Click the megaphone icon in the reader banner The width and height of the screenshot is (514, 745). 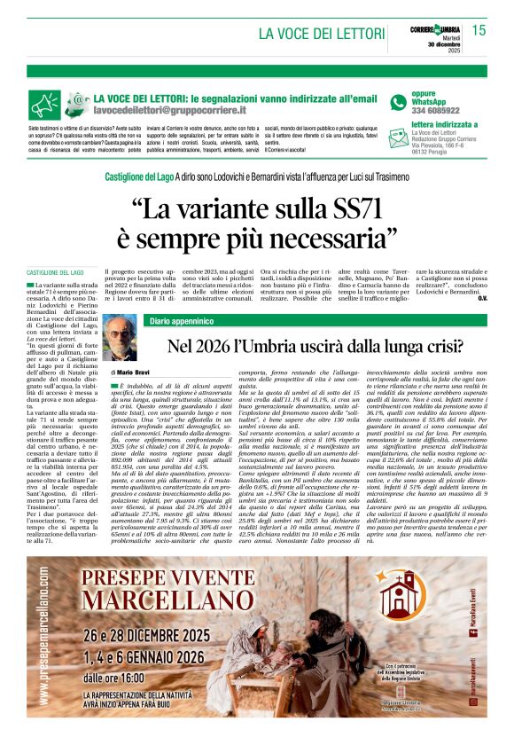45,106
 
